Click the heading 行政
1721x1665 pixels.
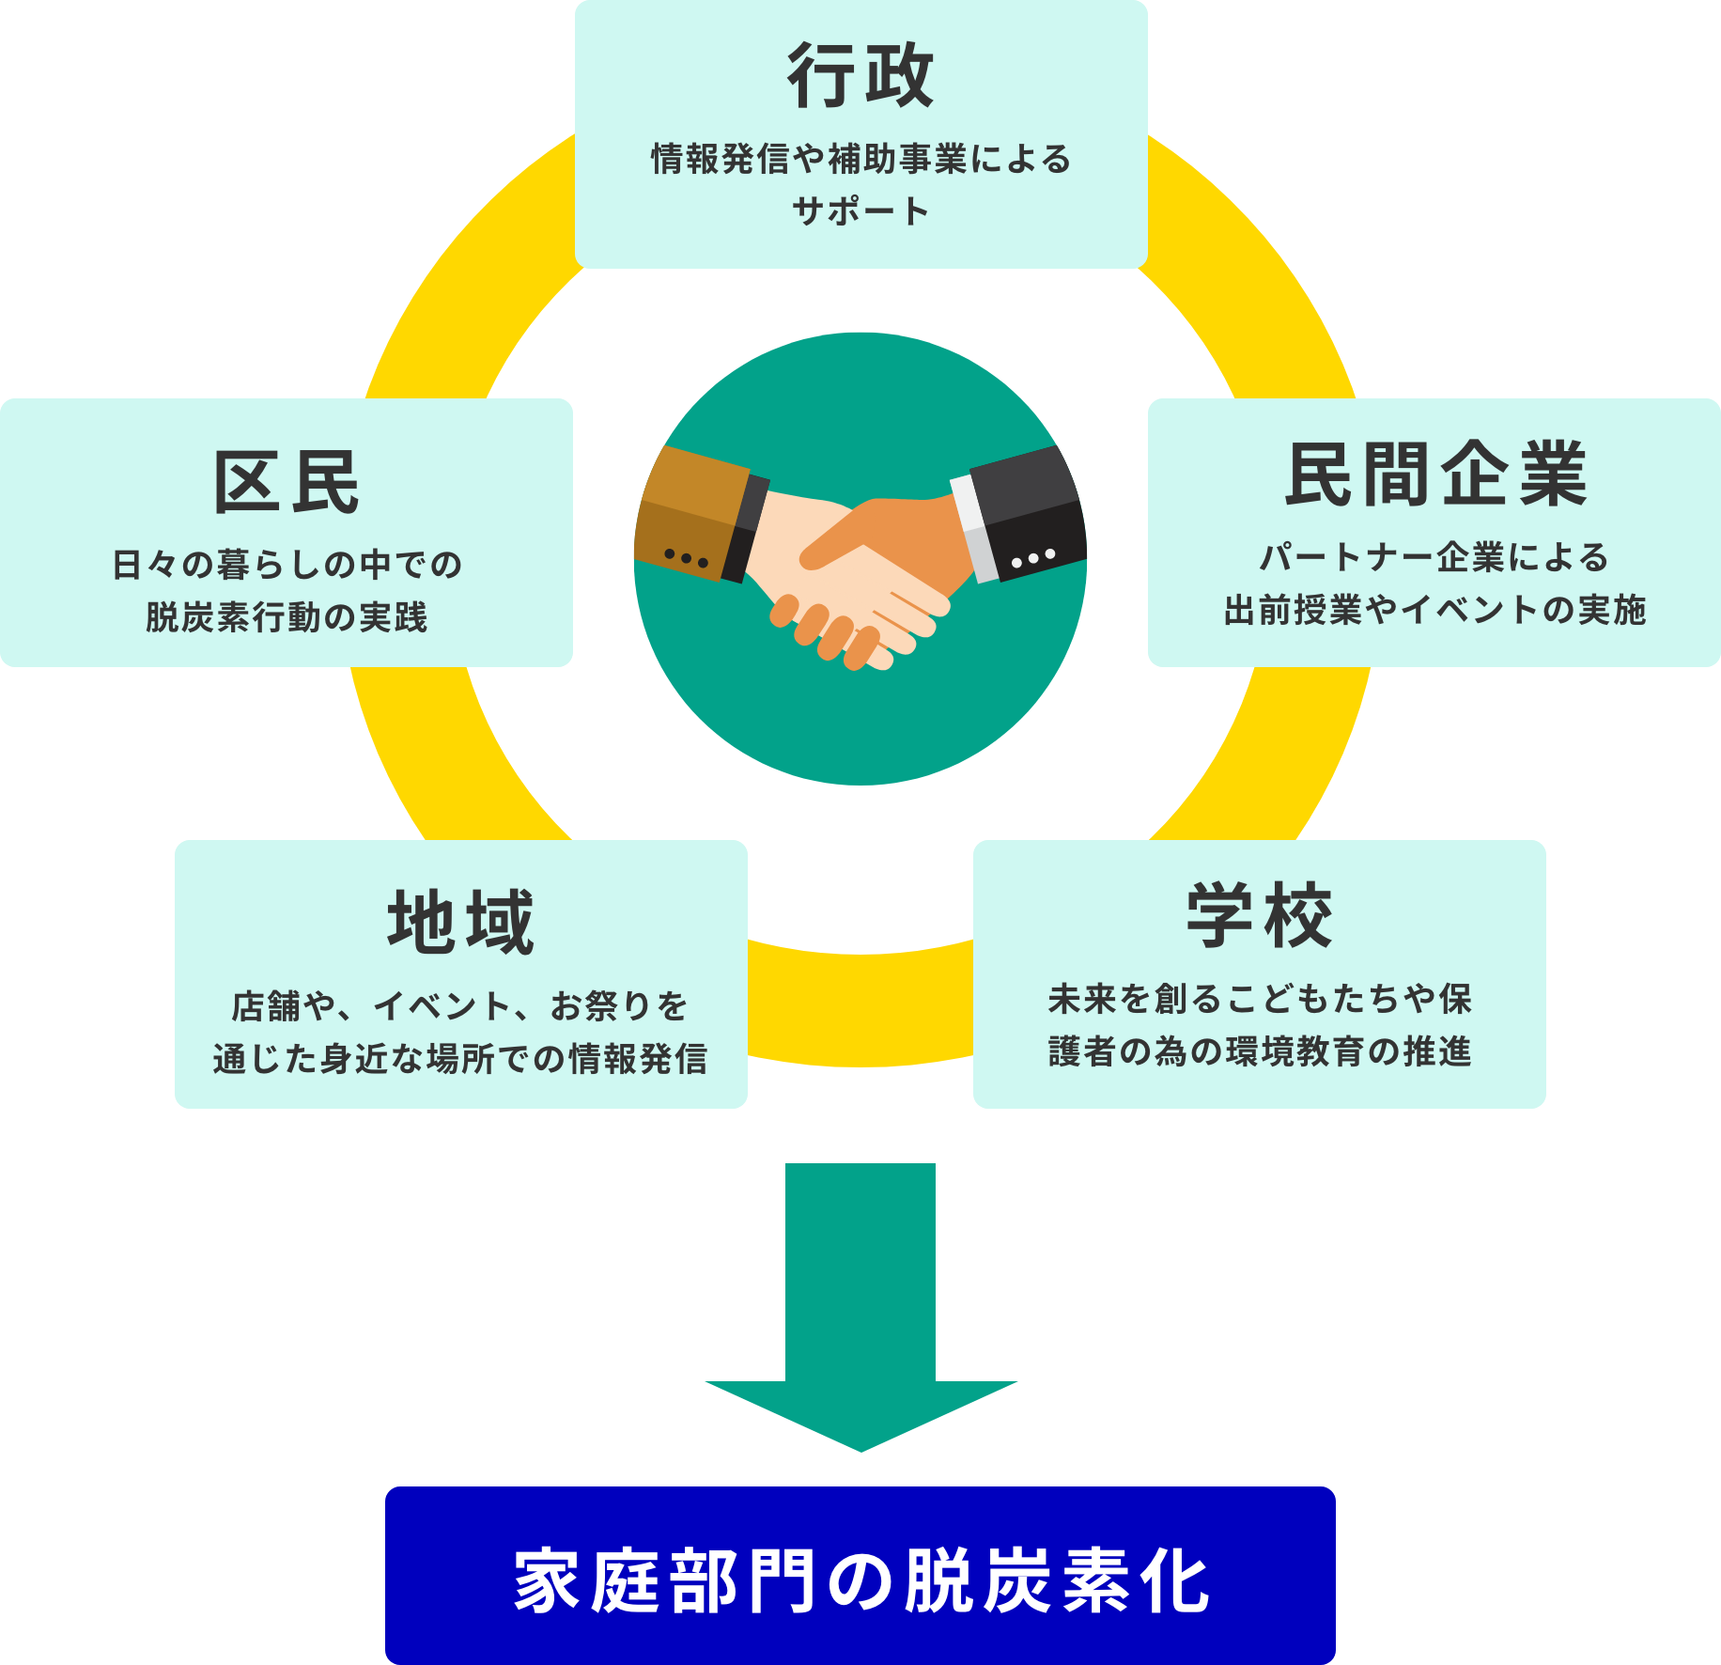(860, 76)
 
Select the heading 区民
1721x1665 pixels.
(287, 482)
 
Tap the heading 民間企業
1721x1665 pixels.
(1434, 475)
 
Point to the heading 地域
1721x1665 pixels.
(460, 923)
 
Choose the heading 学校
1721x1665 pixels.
(1259, 916)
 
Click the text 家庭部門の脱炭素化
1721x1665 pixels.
(860, 1581)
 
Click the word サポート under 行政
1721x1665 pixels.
(860, 210)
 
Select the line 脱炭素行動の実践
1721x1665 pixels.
(287, 617)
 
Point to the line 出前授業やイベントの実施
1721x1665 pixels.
(1434, 610)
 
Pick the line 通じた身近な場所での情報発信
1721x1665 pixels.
(460, 1059)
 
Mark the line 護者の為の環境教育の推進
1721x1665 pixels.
(1259, 1051)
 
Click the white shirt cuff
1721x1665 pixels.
(973, 526)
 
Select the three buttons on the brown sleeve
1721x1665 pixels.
(686, 558)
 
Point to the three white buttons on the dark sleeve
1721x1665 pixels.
(1033, 558)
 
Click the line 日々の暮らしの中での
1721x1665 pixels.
(287, 565)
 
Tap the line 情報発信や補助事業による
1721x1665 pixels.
(860, 159)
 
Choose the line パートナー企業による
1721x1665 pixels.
(1434, 557)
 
